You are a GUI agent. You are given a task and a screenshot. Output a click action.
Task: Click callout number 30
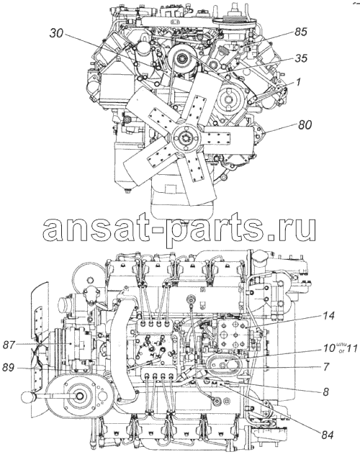point(56,34)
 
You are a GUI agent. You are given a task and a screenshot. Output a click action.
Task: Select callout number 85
point(300,32)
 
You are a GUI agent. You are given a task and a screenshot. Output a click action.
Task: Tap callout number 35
point(300,58)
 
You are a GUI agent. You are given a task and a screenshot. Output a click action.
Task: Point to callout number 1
point(298,82)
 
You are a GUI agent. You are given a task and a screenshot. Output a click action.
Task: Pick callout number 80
point(305,125)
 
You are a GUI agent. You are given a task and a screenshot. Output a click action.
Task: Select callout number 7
point(326,366)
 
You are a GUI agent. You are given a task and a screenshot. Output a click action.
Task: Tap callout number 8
point(325,392)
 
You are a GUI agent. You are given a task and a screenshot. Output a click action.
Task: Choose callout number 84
point(327,435)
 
